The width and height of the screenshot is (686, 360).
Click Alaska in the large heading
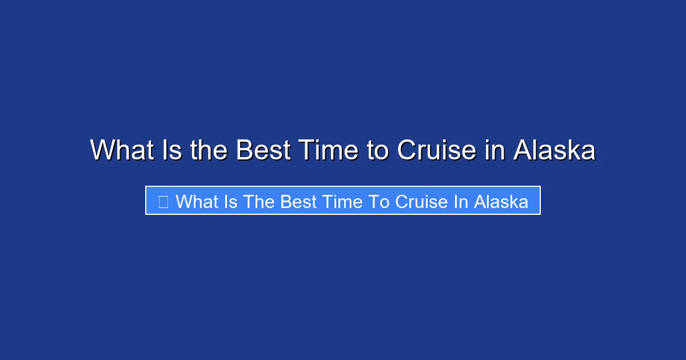[555, 151]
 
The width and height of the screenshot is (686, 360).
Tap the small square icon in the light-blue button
[163, 202]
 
